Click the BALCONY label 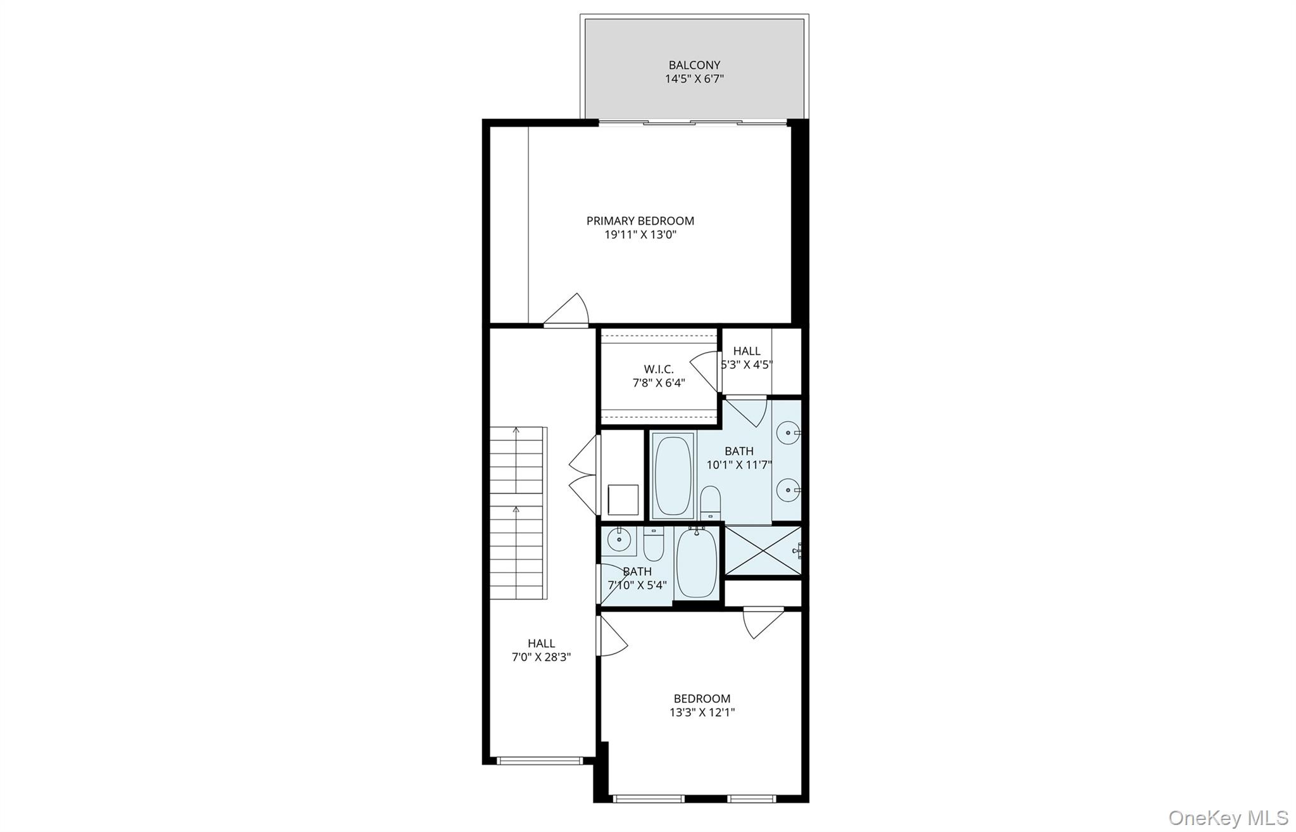pos(694,65)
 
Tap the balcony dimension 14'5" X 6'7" pos(694,79)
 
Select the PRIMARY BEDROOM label pos(640,221)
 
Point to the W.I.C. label pos(659,369)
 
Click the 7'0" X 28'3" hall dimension pos(541,657)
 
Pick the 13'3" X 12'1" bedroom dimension pos(702,712)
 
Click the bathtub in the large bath pos(673,475)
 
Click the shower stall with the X pos(763,551)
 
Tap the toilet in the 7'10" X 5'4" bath pos(653,545)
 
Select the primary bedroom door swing pos(568,310)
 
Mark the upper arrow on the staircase pos(516,431)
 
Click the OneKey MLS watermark pos(1228,817)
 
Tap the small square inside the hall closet pos(623,500)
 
